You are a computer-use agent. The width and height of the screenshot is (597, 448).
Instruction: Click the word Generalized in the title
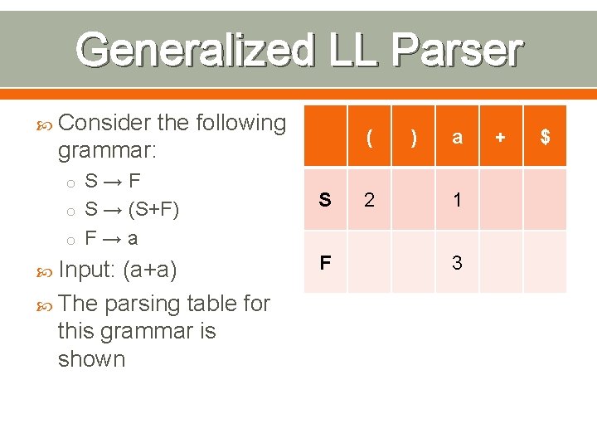point(195,51)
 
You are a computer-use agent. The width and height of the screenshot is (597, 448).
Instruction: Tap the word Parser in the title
point(457,51)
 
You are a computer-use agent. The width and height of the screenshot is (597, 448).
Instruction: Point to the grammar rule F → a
point(112,238)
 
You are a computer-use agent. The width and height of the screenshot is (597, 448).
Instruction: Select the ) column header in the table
point(413,138)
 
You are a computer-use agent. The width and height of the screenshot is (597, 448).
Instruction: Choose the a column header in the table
point(457,138)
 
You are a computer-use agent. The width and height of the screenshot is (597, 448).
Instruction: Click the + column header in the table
point(501,138)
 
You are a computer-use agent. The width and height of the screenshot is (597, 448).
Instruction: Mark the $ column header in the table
point(545,138)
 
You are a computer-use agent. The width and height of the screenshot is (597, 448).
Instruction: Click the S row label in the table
point(325,200)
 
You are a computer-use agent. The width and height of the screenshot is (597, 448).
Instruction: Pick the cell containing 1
point(457,200)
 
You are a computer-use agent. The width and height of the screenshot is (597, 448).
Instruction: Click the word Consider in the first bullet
point(104,123)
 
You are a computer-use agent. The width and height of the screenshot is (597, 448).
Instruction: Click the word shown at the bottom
point(91,359)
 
